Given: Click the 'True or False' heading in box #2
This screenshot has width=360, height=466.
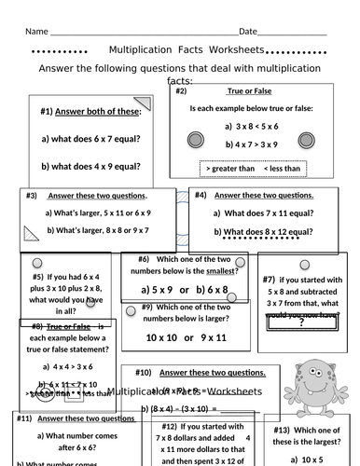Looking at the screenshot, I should [247, 92].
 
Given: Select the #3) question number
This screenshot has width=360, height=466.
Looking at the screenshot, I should [32, 196].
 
